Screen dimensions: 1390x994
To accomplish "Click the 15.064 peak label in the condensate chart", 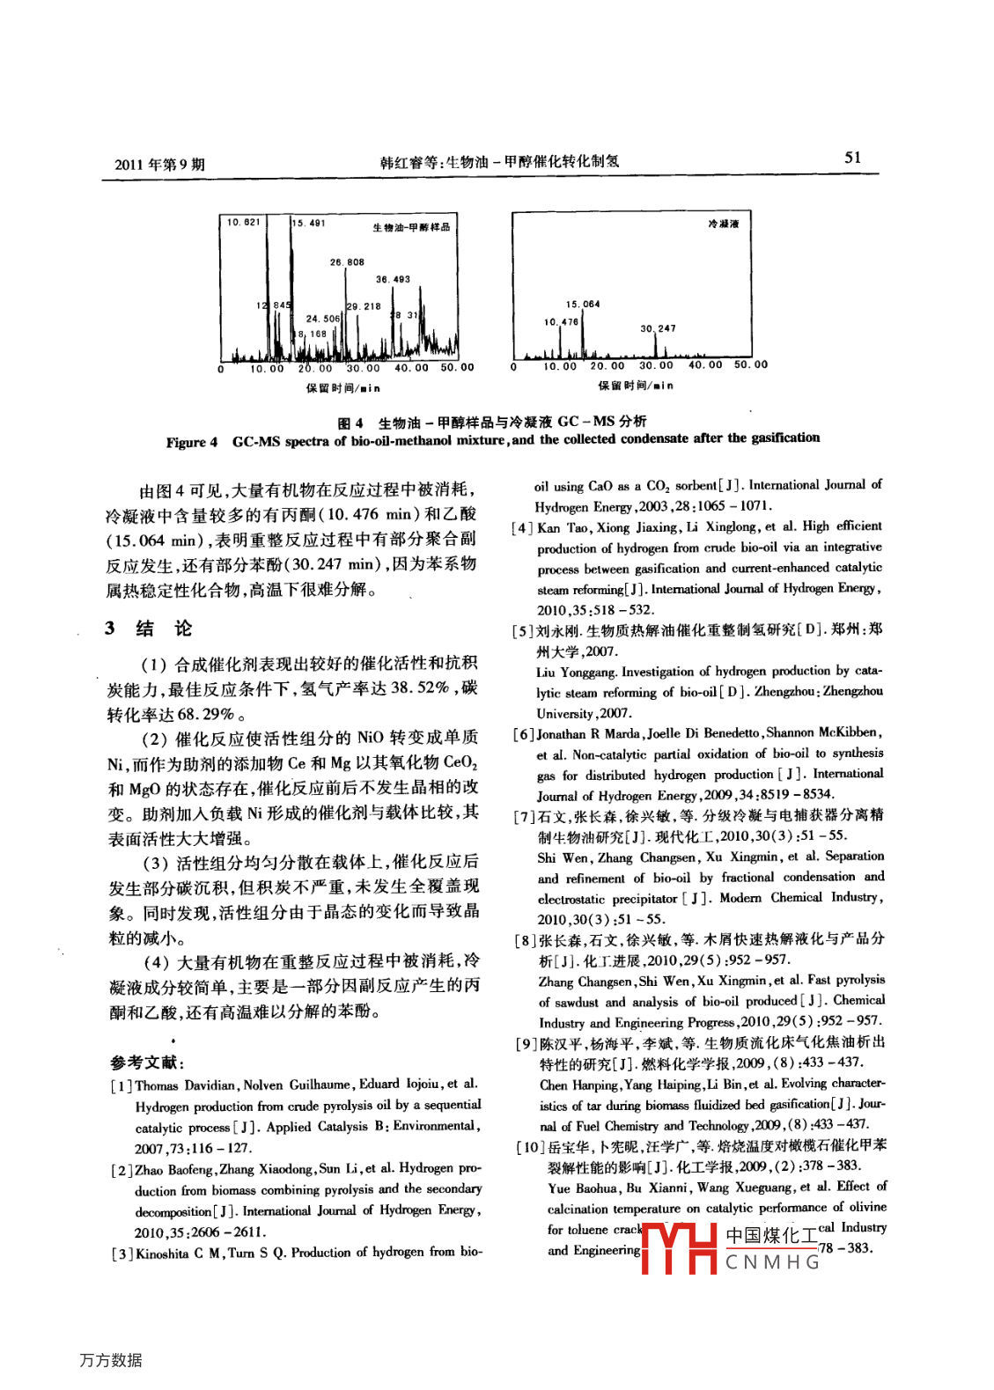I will pyautogui.click(x=583, y=305).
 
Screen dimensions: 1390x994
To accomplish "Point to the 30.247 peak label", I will pyautogui.click(x=658, y=328).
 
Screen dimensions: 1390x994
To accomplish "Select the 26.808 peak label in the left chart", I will pyautogui.click(x=347, y=262).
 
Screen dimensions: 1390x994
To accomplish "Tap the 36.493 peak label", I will pyautogui.click(x=393, y=279).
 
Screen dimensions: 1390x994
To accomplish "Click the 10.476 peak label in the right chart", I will pyautogui.click(x=561, y=322).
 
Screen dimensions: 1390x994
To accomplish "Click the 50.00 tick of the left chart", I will pyautogui.click(x=457, y=368).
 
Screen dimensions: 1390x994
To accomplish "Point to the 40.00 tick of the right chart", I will pyautogui.click(x=704, y=364).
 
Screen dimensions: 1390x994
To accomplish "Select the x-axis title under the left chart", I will pyautogui.click(x=343, y=388).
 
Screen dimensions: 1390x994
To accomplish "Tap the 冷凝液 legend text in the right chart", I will pyautogui.click(x=724, y=224).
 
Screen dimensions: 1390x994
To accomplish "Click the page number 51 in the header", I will pyautogui.click(x=852, y=158).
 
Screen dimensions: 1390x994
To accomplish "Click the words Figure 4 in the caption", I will pyautogui.click(x=191, y=442).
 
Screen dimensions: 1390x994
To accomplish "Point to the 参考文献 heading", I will pyautogui.click(x=147, y=1063).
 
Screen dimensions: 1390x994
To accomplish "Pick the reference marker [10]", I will pyautogui.click(x=529, y=1147).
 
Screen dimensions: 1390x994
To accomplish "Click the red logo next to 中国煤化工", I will pyautogui.click(x=679, y=1247).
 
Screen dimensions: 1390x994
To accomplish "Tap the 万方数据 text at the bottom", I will pyautogui.click(x=111, y=1360).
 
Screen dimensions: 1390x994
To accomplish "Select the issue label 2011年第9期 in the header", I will pyautogui.click(x=159, y=165).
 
